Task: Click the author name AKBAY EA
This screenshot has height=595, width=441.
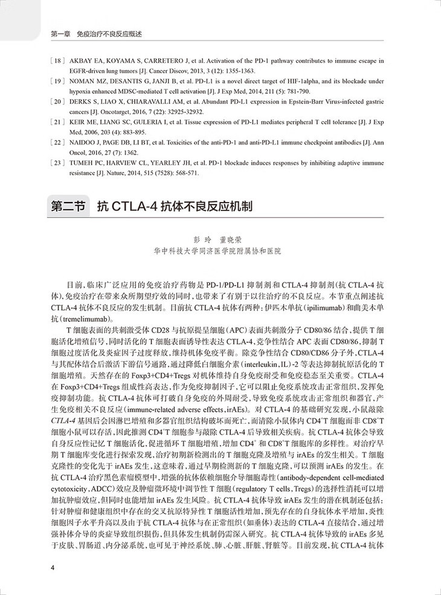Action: point(85,60)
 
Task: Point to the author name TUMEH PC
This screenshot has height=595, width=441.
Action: point(86,163)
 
